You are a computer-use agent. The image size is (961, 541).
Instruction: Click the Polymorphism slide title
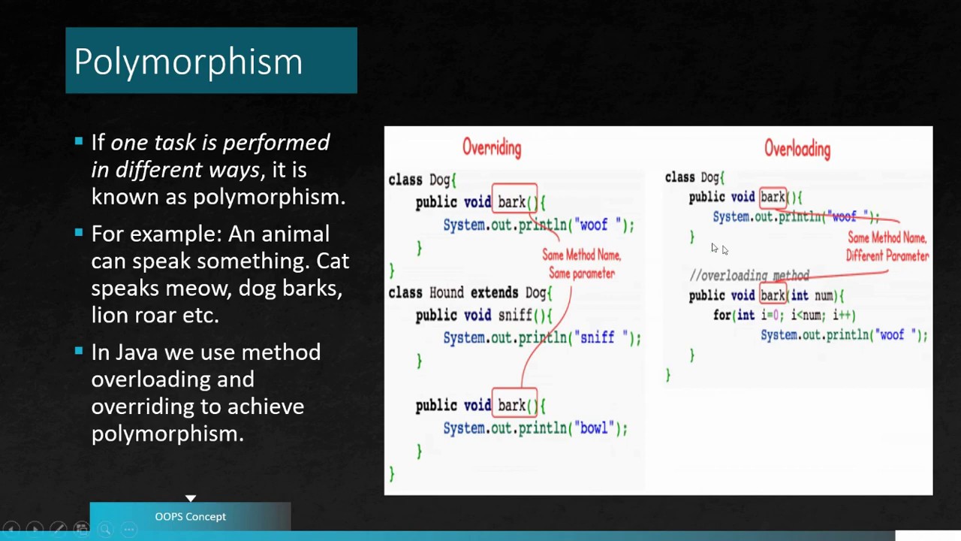click(188, 62)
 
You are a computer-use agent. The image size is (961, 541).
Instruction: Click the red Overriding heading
click(492, 147)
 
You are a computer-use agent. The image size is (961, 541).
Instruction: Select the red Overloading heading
click(797, 149)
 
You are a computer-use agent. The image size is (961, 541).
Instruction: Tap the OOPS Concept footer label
click(190, 517)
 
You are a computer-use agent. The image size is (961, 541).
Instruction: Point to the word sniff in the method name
click(514, 316)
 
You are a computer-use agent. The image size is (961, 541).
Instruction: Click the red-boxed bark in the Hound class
click(513, 406)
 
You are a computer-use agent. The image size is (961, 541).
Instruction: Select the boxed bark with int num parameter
click(773, 295)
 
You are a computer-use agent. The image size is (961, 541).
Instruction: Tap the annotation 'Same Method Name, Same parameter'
click(582, 264)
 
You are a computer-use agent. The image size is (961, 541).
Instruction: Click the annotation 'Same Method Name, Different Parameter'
click(887, 246)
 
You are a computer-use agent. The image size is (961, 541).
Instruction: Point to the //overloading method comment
click(749, 276)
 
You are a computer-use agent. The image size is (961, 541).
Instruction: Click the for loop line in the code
click(784, 316)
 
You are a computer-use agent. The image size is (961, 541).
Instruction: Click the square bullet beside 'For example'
click(79, 233)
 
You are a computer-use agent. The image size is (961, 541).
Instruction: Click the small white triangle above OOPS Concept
click(191, 498)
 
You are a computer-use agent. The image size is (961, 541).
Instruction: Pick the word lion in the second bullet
click(109, 316)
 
